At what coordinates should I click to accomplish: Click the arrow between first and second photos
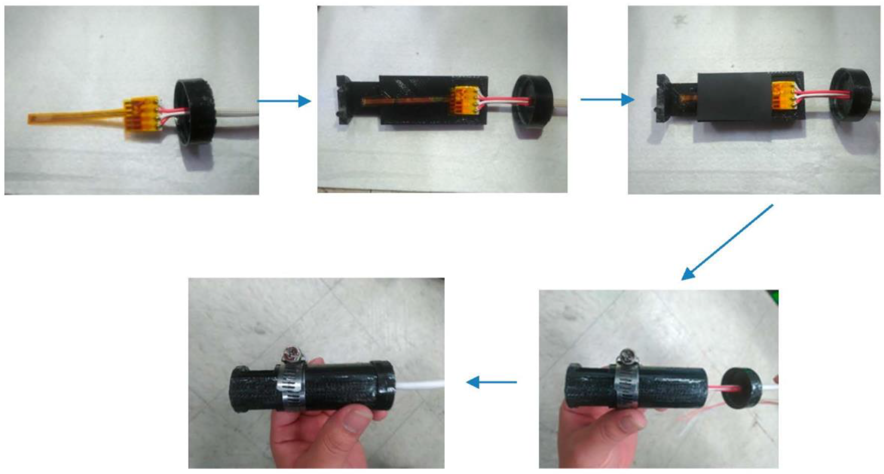pyautogui.click(x=284, y=101)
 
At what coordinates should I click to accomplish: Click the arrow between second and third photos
pyautogui.click(x=607, y=100)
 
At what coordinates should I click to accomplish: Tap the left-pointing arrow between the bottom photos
pyautogui.click(x=491, y=382)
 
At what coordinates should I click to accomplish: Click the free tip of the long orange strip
pyautogui.click(x=32, y=119)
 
